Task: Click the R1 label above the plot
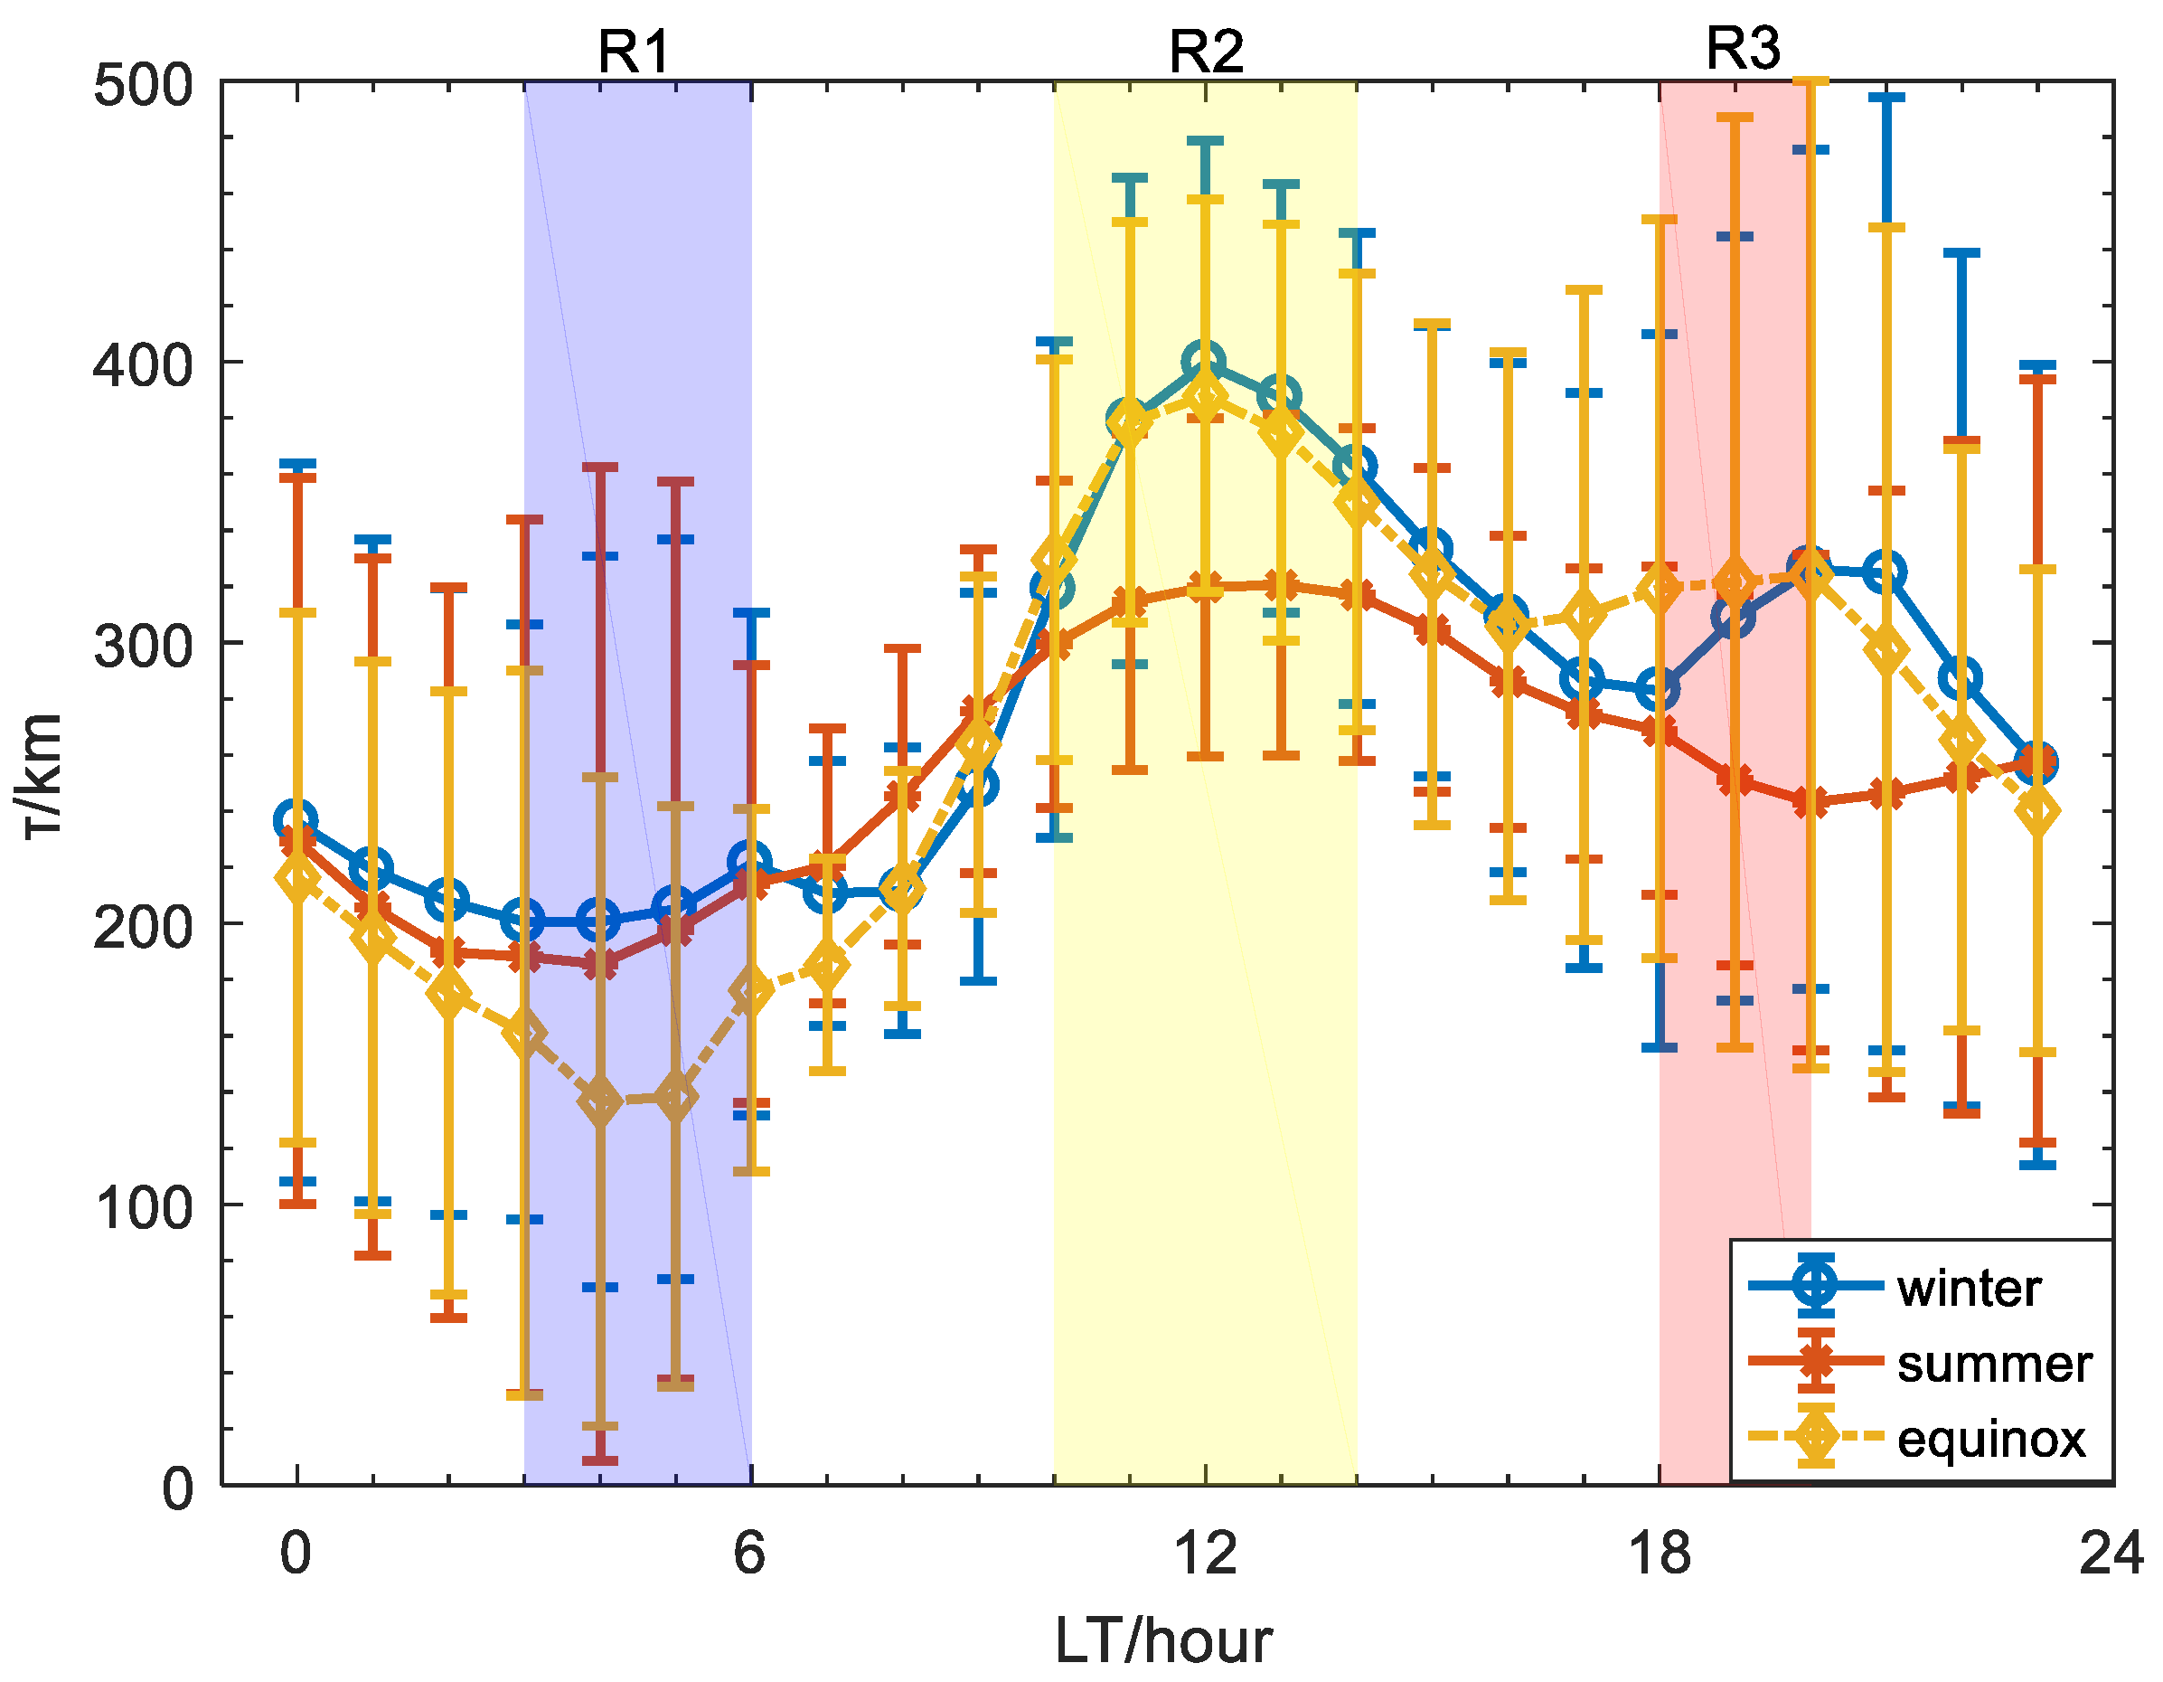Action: pos(634,52)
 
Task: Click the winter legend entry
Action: pos(1969,1289)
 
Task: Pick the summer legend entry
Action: pos(1994,1364)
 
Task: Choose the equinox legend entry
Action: pos(1990,1439)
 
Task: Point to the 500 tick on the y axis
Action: pos(143,85)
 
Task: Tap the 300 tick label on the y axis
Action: pos(143,647)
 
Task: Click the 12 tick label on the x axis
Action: pos(1205,1554)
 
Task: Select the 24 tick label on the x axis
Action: pos(2111,1554)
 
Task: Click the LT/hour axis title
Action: pos(1163,1641)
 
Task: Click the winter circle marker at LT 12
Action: pos(1204,363)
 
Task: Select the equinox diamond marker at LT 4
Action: pos(599,1101)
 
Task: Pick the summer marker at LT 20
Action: pos(1810,801)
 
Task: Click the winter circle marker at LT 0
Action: pos(296,820)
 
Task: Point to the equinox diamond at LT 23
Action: pos(2037,811)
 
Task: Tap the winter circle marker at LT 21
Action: pos(1886,572)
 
